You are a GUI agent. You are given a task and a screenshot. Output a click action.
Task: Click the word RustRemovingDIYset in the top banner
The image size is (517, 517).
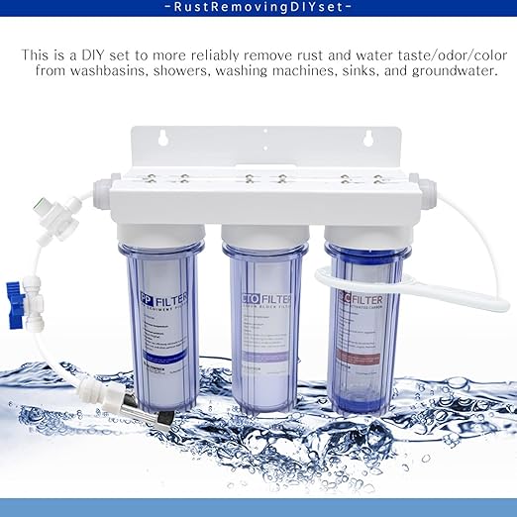pos(258,8)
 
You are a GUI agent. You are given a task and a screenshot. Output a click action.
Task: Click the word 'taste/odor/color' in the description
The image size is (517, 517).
pos(453,54)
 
